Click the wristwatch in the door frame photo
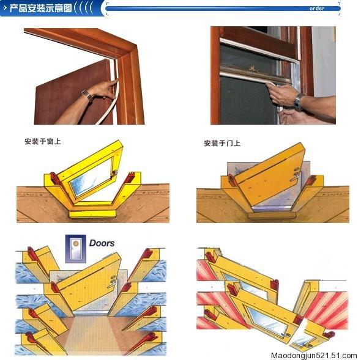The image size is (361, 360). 87,95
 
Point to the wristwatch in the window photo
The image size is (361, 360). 298,101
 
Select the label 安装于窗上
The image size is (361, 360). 43,141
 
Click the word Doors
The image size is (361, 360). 102,243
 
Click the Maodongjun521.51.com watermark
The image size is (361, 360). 313,354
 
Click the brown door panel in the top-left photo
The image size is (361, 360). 61,92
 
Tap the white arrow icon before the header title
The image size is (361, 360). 5,9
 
